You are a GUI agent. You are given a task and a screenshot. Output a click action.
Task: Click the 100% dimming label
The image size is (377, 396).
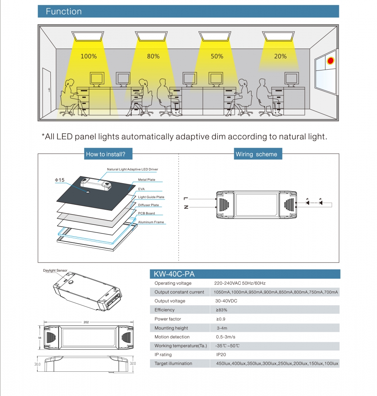point(88,56)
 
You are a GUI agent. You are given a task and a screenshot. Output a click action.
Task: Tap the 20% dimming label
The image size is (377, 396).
point(280,56)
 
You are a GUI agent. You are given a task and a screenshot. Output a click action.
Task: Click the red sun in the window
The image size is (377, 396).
point(330,61)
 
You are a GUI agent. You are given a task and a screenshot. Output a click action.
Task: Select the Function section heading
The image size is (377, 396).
point(63,12)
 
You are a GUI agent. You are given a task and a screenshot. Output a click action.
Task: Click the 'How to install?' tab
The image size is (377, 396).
point(105,154)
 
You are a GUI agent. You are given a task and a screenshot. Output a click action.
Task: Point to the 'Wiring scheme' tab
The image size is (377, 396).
point(256,154)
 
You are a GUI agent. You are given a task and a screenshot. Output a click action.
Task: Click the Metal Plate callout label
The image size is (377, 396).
point(147,180)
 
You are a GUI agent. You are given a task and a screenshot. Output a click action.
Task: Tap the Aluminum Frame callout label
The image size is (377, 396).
point(151,222)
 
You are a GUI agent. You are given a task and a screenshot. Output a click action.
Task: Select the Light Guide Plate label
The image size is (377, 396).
point(151,197)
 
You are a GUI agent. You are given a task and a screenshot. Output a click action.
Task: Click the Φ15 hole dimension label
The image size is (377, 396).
point(59,180)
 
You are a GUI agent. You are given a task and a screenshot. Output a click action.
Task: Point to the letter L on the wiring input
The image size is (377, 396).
point(186,199)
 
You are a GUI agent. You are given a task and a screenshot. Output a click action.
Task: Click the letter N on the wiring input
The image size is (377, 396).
point(186,207)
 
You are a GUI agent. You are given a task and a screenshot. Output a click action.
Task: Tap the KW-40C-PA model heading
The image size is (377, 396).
point(174,274)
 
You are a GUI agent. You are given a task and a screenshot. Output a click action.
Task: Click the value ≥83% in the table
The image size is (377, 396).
point(222,310)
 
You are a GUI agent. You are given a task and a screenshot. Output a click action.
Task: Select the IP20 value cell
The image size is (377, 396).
point(221,354)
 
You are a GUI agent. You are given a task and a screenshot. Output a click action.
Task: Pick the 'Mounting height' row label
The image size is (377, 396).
point(171,328)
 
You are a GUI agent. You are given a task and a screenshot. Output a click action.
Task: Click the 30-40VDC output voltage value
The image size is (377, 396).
point(226,301)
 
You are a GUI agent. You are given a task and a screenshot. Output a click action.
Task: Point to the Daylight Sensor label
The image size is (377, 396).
point(55,271)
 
